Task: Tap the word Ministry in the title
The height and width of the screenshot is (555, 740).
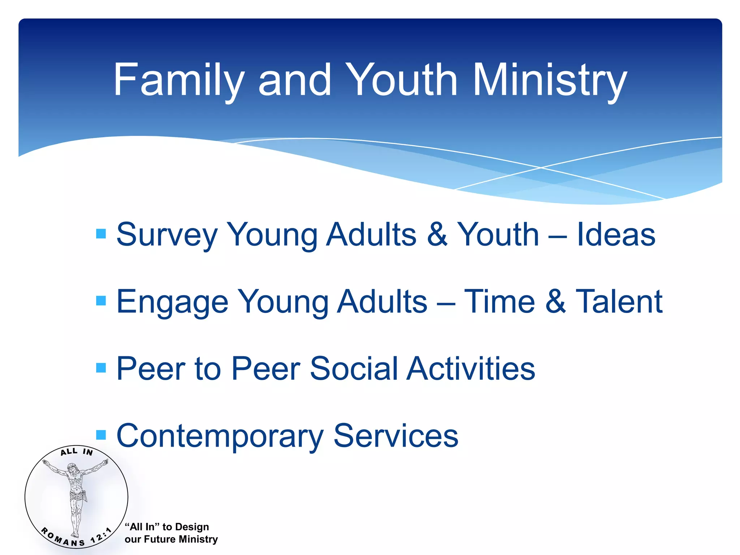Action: coord(549,80)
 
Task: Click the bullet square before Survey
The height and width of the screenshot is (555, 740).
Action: coord(101,234)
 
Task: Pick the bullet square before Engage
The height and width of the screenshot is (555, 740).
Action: coord(101,301)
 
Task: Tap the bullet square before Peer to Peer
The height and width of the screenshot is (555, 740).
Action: coord(101,368)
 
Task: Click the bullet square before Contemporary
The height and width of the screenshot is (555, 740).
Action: coord(101,435)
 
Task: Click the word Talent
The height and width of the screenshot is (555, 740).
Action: coord(619,302)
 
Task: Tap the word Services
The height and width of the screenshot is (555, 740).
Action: coord(396,436)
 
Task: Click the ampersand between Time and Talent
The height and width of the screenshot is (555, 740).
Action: coord(555,302)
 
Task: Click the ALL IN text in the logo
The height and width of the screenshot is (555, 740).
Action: coord(77,452)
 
